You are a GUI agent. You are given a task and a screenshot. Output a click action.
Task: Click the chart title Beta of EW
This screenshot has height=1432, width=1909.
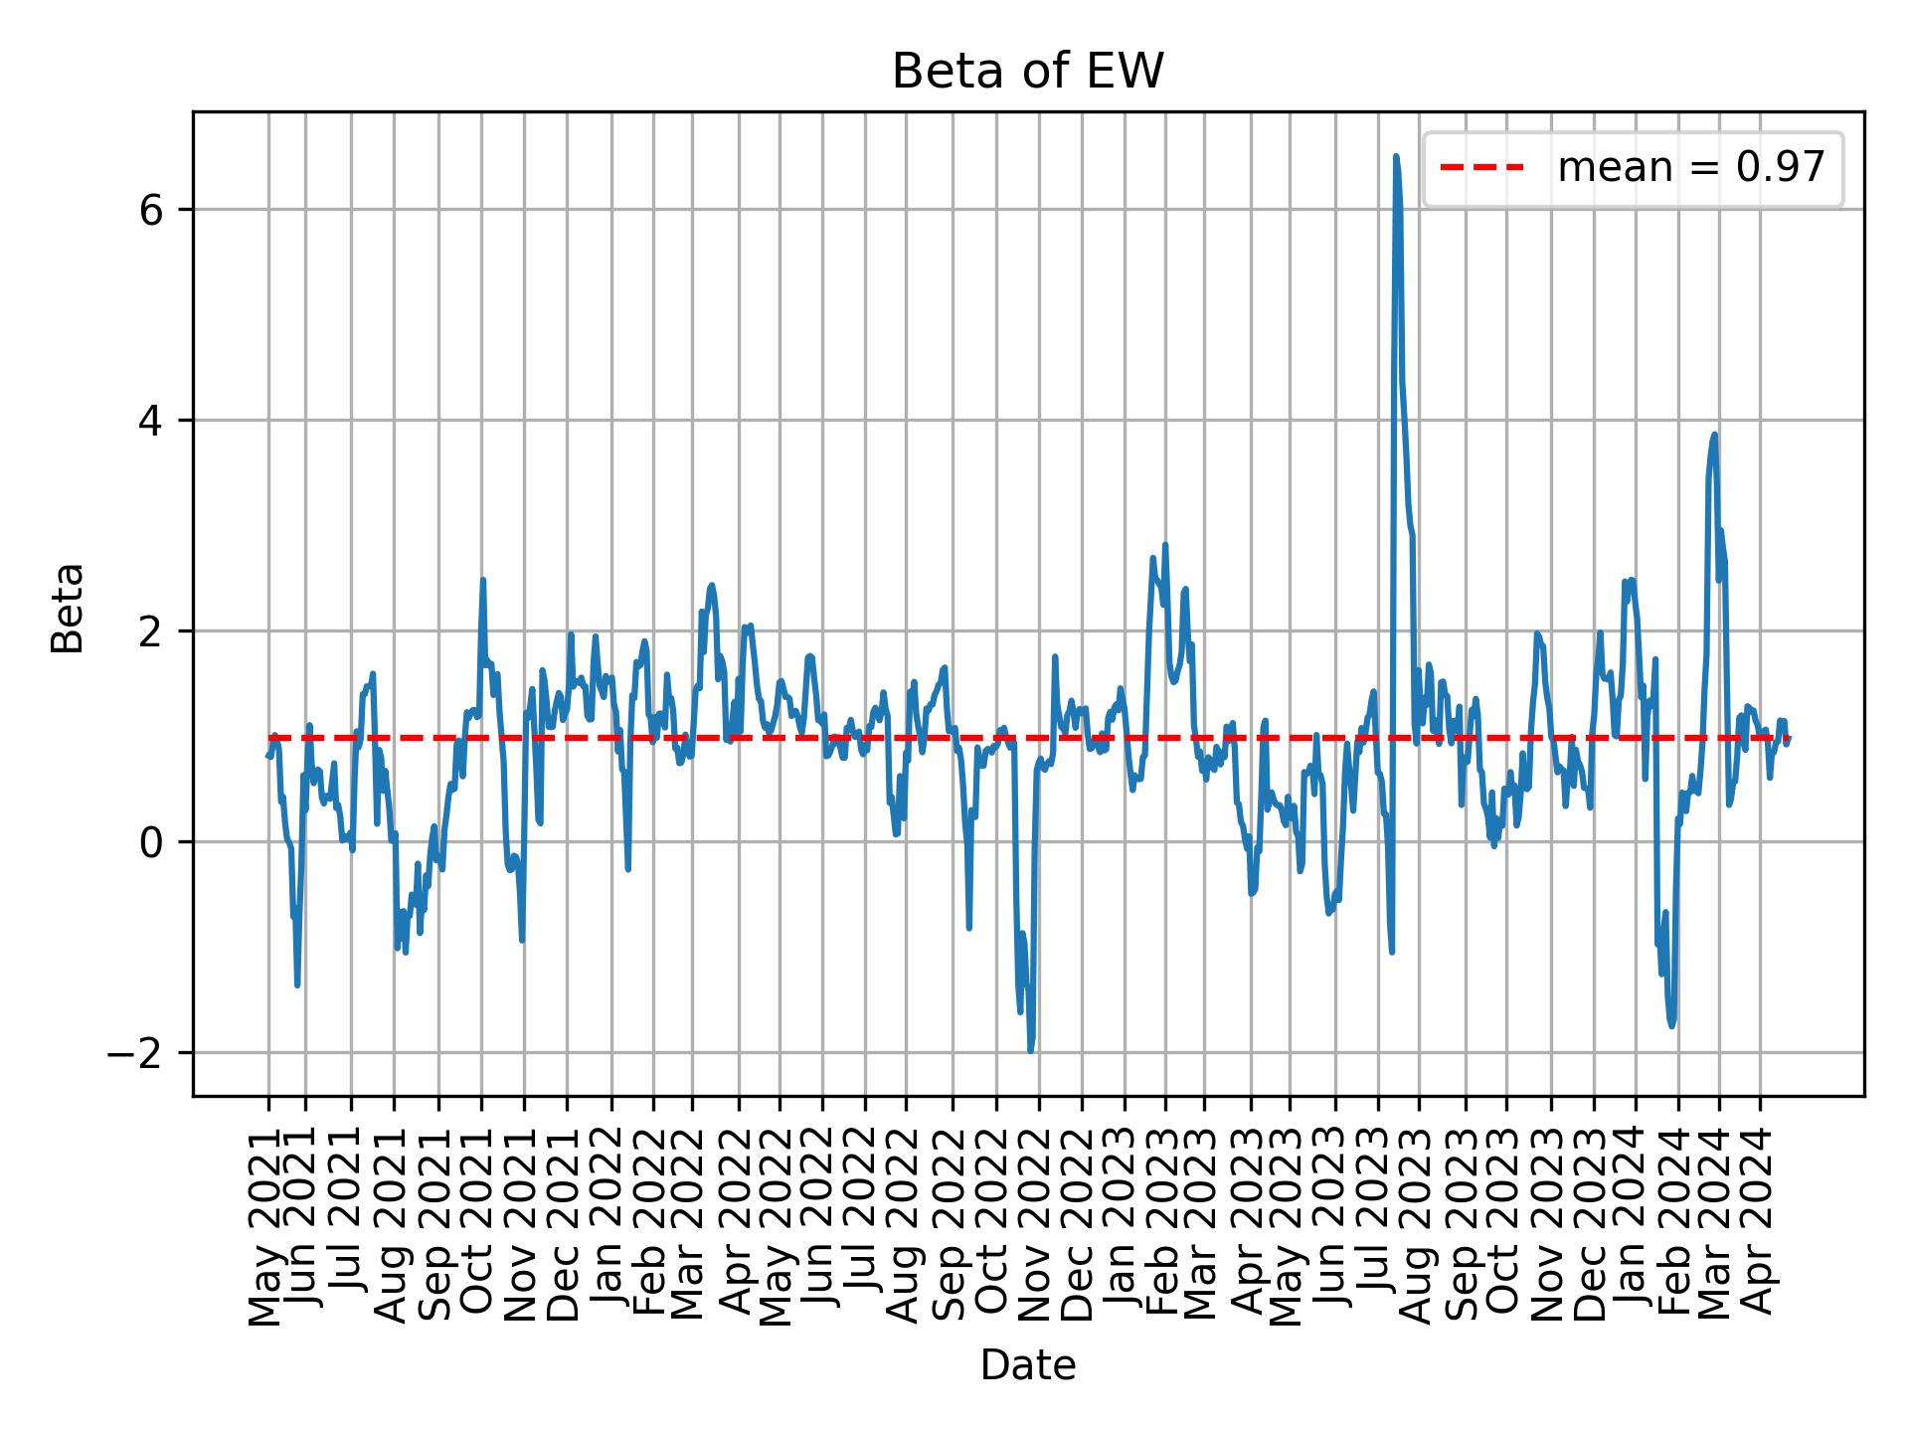click(1027, 72)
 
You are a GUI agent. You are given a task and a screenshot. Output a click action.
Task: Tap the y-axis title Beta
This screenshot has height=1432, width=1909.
click(68, 608)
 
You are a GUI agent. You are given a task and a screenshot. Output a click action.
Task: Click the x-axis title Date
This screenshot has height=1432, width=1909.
click(1027, 1365)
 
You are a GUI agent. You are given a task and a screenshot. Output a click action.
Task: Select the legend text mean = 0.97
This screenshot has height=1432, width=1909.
click(1691, 168)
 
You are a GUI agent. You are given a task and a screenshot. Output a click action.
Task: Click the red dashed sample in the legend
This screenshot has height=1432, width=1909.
click(1482, 168)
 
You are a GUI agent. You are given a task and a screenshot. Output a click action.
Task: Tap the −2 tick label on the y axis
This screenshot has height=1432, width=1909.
click(141, 1053)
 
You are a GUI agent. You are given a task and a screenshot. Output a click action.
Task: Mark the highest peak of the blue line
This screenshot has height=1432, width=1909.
click(1396, 157)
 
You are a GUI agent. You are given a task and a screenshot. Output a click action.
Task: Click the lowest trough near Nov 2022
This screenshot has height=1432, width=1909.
click(1031, 1050)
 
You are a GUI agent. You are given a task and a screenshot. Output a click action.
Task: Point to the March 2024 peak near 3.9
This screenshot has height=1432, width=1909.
click(1714, 435)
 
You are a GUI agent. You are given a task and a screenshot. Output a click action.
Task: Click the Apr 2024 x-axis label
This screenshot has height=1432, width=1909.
click(1760, 1233)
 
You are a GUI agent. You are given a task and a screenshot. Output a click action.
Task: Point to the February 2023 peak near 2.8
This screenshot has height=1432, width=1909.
click(1165, 545)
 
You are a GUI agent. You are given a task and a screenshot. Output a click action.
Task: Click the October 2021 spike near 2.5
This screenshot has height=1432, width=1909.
click(483, 580)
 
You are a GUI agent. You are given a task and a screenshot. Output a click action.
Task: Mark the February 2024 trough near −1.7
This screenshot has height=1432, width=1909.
click(1672, 1025)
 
